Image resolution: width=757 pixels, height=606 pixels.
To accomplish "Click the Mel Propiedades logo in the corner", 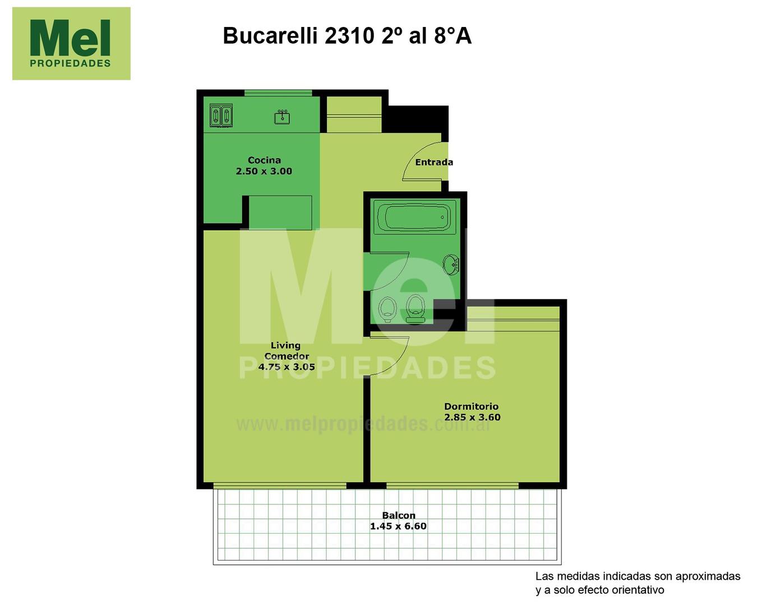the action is (71, 43).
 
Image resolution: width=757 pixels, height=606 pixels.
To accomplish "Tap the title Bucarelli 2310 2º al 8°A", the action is (347, 35).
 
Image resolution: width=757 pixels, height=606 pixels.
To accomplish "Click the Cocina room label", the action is (264, 160).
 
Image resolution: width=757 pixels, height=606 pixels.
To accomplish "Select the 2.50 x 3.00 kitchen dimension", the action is (264, 171).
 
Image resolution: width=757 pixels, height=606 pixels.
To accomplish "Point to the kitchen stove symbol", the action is (221, 115).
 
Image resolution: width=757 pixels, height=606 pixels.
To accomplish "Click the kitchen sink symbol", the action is (282, 117).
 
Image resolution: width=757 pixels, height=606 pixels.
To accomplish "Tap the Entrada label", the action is (434, 162).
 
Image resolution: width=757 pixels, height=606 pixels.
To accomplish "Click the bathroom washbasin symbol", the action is (451, 264).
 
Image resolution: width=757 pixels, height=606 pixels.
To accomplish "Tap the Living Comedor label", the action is (287, 351).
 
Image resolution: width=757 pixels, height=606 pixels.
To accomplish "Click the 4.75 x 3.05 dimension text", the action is (287, 366).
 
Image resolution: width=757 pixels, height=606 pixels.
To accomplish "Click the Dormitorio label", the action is (472, 406).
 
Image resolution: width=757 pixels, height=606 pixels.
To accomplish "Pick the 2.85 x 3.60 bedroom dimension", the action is (472, 417).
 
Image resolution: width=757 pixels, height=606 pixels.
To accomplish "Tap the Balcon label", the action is (399, 516).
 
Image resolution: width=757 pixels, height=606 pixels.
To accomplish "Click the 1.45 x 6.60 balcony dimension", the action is (398, 526).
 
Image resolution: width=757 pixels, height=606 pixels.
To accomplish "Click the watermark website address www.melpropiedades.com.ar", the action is (363, 424).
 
